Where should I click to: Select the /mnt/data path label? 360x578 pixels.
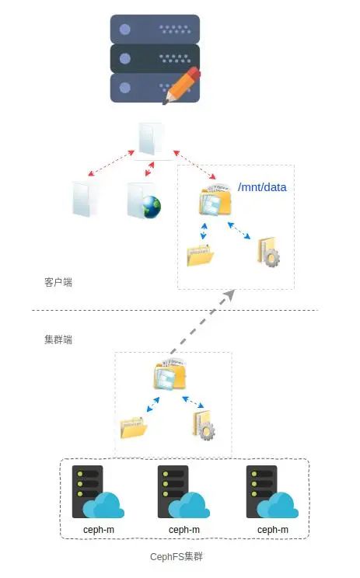[262, 187]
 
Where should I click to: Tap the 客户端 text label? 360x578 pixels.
[58, 282]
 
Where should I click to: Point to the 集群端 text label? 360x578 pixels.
[58, 339]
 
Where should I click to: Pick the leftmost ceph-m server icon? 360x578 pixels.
[88, 492]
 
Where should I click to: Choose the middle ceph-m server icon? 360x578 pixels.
[173, 492]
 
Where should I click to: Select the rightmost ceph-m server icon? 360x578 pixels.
[262, 492]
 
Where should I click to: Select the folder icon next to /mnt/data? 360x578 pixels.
[214, 200]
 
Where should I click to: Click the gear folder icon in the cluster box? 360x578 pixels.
[203, 425]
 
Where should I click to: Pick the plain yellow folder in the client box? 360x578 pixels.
[200, 255]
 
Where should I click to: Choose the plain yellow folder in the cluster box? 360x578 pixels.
[134, 427]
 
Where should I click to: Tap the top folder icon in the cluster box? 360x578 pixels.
[170, 376]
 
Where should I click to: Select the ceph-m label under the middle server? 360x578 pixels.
[184, 530]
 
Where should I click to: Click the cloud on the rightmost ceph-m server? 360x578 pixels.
[279, 506]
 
